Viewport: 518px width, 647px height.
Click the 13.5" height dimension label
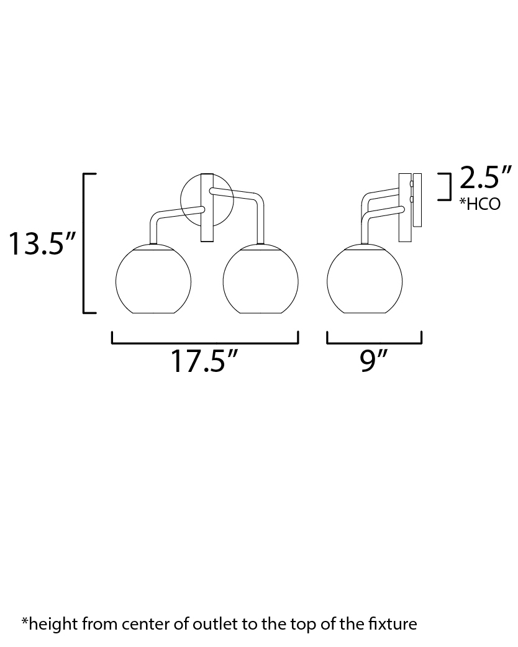pos(42,243)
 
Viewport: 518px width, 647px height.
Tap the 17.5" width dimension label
pos(205,361)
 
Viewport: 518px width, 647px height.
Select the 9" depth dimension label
pos(374,361)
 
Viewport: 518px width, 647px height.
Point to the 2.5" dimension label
pos(486,178)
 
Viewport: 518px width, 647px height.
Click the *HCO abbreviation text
pos(480,204)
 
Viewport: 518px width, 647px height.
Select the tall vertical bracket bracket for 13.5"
pos(84,243)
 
